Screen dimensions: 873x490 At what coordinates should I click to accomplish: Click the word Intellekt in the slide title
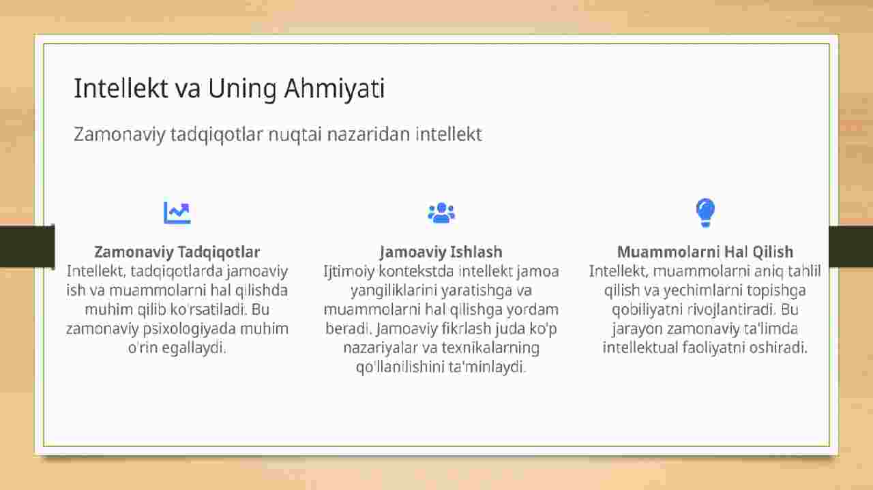pyautogui.click(x=121, y=88)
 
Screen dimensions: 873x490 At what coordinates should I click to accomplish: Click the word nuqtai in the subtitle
pyautogui.click(x=295, y=135)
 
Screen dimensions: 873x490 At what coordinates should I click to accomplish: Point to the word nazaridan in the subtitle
pyautogui.click(x=369, y=134)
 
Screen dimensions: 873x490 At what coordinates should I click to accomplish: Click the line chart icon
pyautogui.click(x=177, y=213)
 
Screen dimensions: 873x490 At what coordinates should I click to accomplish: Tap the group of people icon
pyautogui.click(x=441, y=213)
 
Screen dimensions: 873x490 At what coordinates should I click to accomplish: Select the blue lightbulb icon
pyautogui.click(x=705, y=213)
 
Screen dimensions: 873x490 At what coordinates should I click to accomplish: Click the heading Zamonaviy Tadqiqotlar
pyautogui.click(x=177, y=252)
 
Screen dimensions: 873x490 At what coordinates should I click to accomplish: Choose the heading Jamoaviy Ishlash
pyautogui.click(x=441, y=252)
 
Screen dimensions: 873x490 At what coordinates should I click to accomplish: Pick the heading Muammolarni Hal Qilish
pyautogui.click(x=705, y=252)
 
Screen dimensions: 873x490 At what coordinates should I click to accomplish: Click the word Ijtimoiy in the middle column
pyautogui.click(x=349, y=271)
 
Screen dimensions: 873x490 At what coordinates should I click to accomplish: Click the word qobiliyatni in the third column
pyautogui.click(x=647, y=310)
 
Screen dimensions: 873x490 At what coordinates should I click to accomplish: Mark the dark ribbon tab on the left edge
pyautogui.click(x=27, y=246)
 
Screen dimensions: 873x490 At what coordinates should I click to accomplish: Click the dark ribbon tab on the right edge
pyautogui.click(x=850, y=246)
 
